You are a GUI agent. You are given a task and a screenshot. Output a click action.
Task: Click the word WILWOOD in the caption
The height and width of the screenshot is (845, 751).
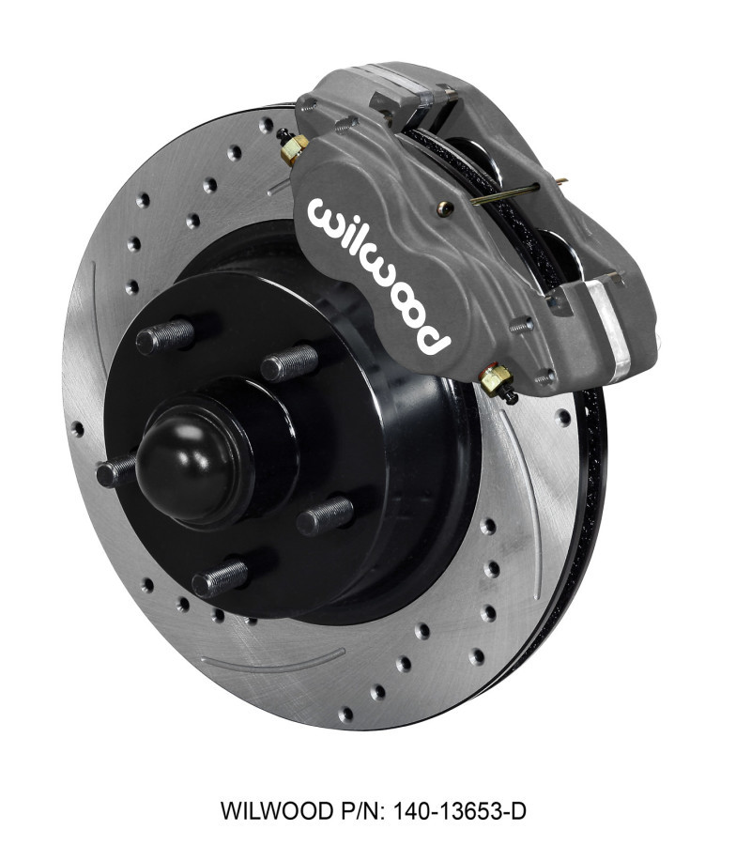click(x=266, y=809)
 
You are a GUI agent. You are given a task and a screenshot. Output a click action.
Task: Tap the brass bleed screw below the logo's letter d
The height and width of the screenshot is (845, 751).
click(x=495, y=380)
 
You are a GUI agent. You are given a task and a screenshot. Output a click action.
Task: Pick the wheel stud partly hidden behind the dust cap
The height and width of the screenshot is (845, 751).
click(x=116, y=470)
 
